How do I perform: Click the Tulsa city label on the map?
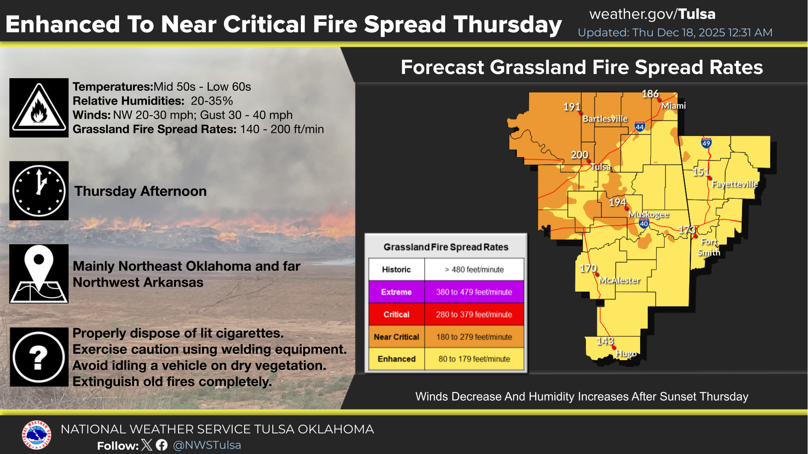[x=601, y=167]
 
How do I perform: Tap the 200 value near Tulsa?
[x=579, y=155]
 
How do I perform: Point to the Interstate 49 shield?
[x=706, y=143]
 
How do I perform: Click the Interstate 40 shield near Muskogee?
[x=644, y=223]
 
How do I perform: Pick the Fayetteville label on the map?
[x=735, y=184]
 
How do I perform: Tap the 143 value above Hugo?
[x=605, y=341]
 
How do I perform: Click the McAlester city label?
[x=619, y=280]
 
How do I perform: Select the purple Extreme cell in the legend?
[x=396, y=292]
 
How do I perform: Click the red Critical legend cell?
[x=396, y=314]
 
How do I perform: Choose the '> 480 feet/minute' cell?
[x=474, y=269]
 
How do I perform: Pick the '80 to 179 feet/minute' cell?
[x=474, y=359]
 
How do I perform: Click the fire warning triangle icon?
[x=39, y=108]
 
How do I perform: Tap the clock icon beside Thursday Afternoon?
[x=39, y=191]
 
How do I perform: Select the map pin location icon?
[x=39, y=274]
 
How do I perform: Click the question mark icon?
[x=39, y=357]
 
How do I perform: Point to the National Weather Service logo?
[x=37, y=435]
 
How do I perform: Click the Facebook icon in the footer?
[x=162, y=445]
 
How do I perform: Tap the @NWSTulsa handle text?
[x=207, y=445]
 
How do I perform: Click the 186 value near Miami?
[x=650, y=94]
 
